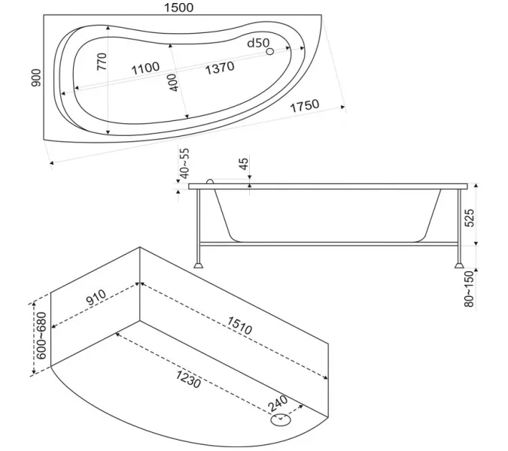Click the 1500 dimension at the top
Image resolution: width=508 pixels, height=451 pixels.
pos(179,8)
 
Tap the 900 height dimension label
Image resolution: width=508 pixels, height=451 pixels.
pos(36,78)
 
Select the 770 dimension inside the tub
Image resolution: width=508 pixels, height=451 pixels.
pos(102,62)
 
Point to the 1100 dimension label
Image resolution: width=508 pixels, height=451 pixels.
pos(145,68)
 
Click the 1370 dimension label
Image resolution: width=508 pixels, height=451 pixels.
pos(220,68)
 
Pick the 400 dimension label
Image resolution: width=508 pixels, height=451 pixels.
pos(173,83)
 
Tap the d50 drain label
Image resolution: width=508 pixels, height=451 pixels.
pos(258,43)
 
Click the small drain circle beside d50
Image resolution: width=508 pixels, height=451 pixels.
pos(269,51)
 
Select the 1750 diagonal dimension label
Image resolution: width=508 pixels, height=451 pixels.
pos(305,105)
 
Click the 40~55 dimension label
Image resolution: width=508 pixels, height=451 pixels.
pos(184,163)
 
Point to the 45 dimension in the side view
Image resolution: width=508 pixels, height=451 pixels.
pos(244,163)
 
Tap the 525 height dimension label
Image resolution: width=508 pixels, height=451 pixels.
pos(470,218)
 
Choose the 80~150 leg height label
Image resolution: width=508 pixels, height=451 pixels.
pos(469,289)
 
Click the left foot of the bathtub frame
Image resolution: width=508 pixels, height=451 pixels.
pos(198,265)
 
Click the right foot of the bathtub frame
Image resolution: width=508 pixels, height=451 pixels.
pos(459,265)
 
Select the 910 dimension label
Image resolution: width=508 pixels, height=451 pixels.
pos(96,298)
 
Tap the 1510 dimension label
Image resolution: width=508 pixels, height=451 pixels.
pos(239,325)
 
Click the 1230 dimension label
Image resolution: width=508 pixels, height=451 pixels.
pos(189,379)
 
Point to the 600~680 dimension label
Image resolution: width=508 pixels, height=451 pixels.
pos(41,335)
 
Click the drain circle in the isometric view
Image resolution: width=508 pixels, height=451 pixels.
pos(281,419)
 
